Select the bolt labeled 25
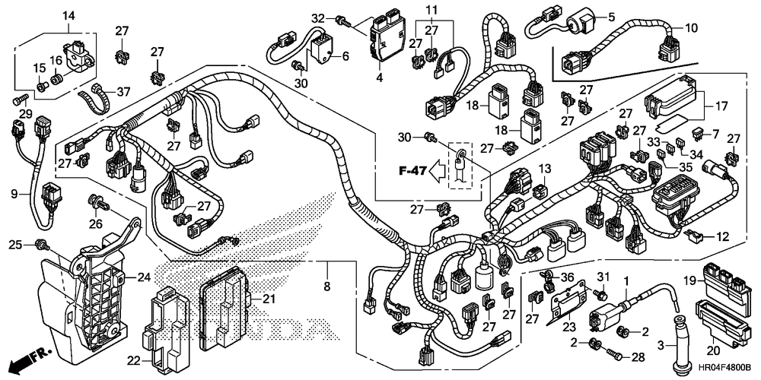(x=42, y=245)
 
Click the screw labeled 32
(x=342, y=21)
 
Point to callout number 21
(x=269, y=299)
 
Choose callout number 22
(x=134, y=360)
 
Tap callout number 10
(x=691, y=27)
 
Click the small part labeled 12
(x=693, y=236)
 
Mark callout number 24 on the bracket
(x=144, y=277)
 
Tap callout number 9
(x=15, y=195)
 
